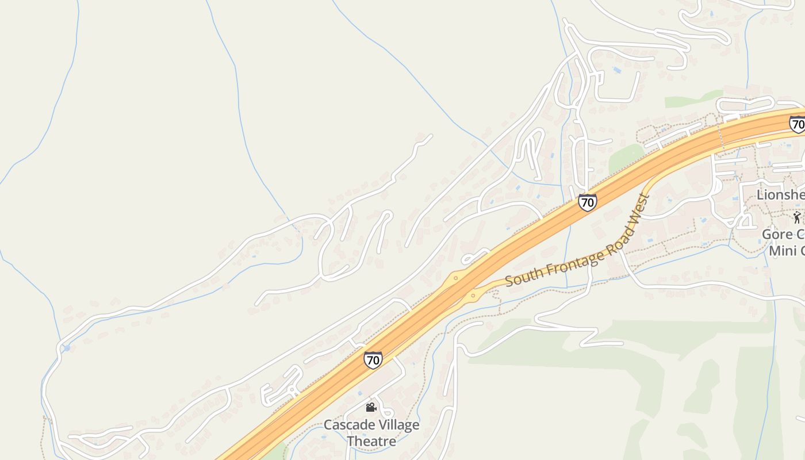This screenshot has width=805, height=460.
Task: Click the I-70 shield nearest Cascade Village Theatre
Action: [373, 360]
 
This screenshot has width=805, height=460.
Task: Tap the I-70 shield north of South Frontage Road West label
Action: [587, 202]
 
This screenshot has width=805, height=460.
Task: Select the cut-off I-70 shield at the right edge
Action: [798, 124]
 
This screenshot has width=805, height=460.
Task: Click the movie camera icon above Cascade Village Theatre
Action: [371, 407]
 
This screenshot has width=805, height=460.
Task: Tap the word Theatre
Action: [371, 442]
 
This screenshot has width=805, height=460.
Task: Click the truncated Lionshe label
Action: [780, 195]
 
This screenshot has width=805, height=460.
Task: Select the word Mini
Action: [782, 251]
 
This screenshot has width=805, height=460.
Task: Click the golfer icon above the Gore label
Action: [796, 217]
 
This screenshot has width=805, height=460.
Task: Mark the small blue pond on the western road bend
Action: [67, 348]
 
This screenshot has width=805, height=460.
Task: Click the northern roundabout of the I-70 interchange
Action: [455, 278]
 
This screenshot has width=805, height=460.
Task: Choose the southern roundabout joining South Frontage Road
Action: [473, 296]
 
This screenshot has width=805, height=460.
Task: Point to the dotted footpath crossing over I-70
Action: [720, 138]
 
